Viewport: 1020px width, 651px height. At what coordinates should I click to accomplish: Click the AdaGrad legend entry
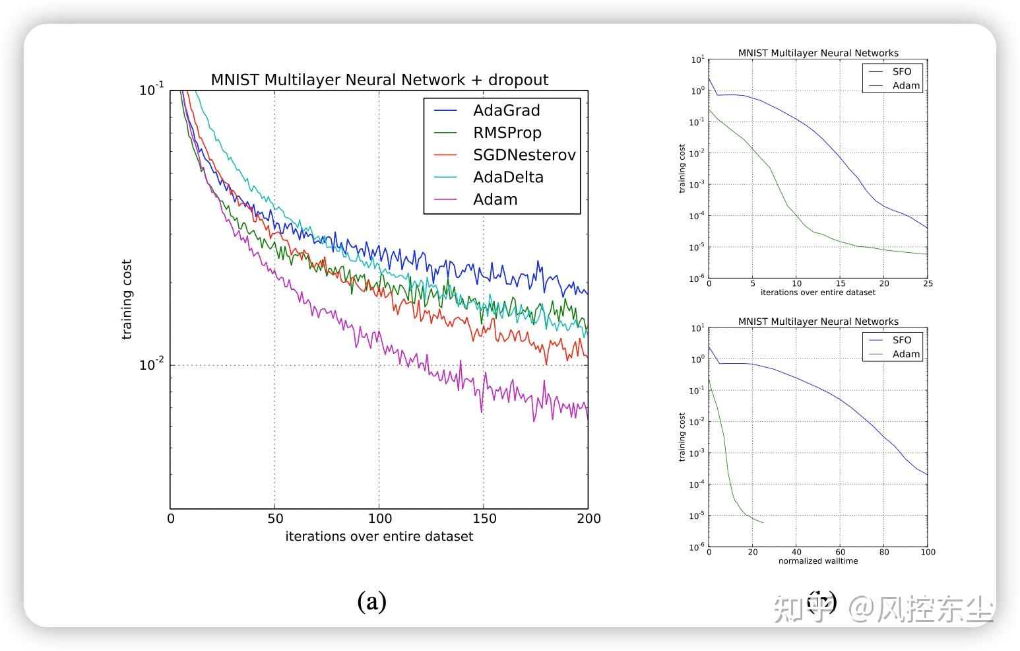[x=506, y=110]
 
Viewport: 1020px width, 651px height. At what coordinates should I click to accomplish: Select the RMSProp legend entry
[x=507, y=133]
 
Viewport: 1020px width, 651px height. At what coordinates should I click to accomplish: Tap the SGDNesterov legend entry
[x=524, y=155]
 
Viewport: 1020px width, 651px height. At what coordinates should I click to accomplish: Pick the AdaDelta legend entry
[x=508, y=177]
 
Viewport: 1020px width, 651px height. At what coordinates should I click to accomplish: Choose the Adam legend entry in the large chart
[x=495, y=199]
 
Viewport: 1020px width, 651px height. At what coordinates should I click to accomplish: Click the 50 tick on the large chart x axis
[x=275, y=519]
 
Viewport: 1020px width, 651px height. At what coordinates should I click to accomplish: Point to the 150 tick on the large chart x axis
[x=484, y=519]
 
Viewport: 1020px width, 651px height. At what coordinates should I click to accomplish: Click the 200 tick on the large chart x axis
[x=588, y=519]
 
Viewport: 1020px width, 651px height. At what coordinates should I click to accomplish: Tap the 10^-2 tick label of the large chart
[x=151, y=364]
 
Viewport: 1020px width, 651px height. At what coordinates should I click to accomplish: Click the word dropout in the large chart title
[x=518, y=80]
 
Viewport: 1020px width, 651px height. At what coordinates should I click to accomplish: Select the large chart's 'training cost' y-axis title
[x=127, y=299]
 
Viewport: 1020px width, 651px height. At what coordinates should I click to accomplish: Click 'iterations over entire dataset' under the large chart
[x=379, y=537]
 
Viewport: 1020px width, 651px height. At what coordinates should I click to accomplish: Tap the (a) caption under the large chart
[x=371, y=601]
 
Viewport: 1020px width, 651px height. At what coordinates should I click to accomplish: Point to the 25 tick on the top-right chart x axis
[x=927, y=284]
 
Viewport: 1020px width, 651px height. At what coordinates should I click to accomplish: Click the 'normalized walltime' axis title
[x=817, y=561]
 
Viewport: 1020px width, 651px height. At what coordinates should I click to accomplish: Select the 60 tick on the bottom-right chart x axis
[x=840, y=552]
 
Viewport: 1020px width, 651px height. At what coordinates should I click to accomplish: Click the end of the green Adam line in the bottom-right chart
[x=763, y=523]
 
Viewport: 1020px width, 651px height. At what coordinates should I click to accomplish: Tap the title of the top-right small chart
[x=817, y=53]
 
